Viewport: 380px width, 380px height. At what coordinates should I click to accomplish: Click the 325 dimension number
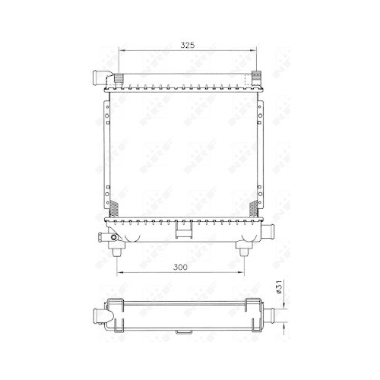click(x=186, y=46)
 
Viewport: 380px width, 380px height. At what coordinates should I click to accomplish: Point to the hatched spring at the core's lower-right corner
click(x=253, y=207)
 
